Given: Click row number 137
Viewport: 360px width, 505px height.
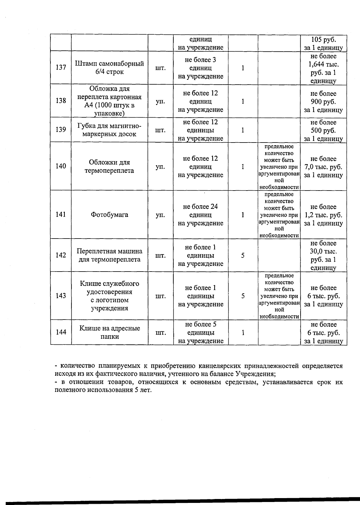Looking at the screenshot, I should (x=61, y=68).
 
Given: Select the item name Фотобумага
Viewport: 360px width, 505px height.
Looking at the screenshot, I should (x=109, y=215).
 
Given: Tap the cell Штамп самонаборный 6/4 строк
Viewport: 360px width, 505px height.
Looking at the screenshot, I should (x=109, y=68).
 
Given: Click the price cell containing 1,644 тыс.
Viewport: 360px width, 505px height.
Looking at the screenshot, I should (x=323, y=68).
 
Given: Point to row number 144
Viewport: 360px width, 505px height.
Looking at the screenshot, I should (x=61, y=332).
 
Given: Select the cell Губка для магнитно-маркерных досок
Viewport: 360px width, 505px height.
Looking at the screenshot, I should (x=109, y=130).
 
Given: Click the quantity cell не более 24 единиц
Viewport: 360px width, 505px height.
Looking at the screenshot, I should (x=200, y=215).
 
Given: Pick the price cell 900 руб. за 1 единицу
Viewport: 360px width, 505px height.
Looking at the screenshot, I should (x=323, y=102).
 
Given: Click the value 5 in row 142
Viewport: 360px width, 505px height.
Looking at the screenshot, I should (x=243, y=255).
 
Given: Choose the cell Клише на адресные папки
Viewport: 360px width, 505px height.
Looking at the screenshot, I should (x=109, y=332).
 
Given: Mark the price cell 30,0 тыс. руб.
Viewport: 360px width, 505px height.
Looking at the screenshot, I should (x=323, y=255).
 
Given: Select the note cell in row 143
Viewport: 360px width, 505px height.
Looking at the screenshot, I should (x=279, y=296).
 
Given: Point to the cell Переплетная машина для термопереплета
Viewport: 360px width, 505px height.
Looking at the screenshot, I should (x=109, y=255).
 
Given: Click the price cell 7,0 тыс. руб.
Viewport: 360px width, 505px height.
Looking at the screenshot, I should (x=323, y=167).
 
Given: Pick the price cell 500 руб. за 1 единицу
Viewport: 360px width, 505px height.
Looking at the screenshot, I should (x=323, y=131).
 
